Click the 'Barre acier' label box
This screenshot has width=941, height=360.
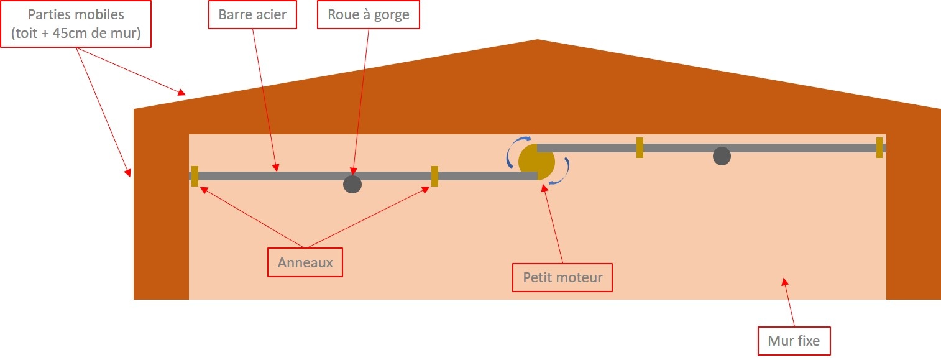click(x=252, y=15)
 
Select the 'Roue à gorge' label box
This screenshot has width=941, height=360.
click(x=369, y=15)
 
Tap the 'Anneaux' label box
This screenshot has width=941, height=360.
click(x=305, y=262)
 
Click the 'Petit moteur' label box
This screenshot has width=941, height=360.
click(x=562, y=278)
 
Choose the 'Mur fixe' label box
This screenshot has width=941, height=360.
click(x=794, y=341)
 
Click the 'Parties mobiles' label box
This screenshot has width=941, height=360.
click(x=76, y=24)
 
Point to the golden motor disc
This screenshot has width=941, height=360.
click(x=536, y=162)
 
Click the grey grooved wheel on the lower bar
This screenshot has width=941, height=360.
click(x=352, y=185)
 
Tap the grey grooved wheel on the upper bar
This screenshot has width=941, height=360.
click(x=722, y=156)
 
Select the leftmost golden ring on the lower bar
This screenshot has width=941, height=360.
click(x=195, y=177)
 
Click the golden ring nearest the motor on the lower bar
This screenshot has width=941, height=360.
click(x=435, y=177)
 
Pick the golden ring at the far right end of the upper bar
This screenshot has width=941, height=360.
click(x=879, y=148)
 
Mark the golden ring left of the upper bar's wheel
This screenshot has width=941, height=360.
click(x=640, y=148)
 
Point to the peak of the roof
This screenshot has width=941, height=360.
click(x=537, y=40)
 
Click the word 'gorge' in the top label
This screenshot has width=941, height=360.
click(x=392, y=15)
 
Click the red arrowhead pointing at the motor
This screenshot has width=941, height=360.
click(x=545, y=188)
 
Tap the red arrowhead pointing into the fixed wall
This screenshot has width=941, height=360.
click(x=785, y=282)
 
